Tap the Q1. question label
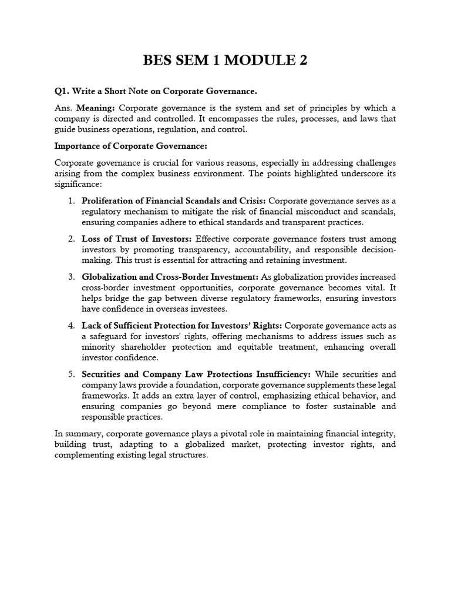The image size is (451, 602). coord(62,92)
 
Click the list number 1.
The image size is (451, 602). coord(70,201)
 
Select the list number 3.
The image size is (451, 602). coord(70,276)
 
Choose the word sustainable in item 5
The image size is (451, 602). coord(346,406)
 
